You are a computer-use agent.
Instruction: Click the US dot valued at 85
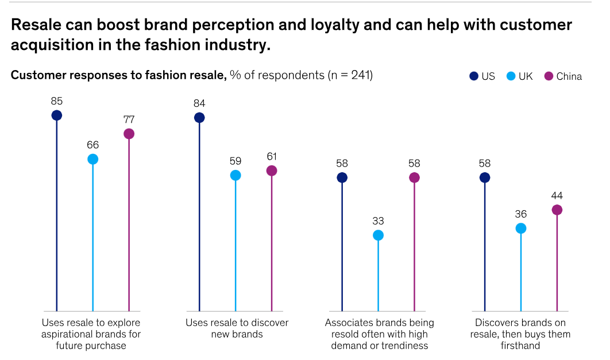pyautogui.click(x=56, y=115)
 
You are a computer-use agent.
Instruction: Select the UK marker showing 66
pyautogui.click(x=92, y=159)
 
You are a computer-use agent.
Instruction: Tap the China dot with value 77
pyautogui.click(x=129, y=134)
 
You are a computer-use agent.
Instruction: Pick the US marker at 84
pyautogui.click(x=199, y=118)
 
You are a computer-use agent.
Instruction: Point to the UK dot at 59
pyautogui.click(x=235, y=175)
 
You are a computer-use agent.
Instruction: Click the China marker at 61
pyautogui.click(x=272, y=171)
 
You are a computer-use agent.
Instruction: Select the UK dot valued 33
pyautogui.click(x=378, y=235)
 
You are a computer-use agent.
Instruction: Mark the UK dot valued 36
pyautogui.click(x=521, y=228)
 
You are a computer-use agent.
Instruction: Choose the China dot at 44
pyautogui.click(x=557, y=210)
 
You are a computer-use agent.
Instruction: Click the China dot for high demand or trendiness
pyautogui.click(x=414, y=177)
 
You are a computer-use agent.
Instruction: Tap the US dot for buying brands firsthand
pyautogui.click(x=485, y=177)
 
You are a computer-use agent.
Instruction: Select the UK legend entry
pyautogui.click(x=519, y=76)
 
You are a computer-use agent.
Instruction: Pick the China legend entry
pyautogui.click(x=563, y=76)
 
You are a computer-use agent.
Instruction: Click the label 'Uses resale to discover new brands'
pyautogui.click(x=237, y=328)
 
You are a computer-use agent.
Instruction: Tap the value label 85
pyautogui.click(x=56, y=101)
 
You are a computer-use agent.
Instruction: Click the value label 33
pyautogui.click(x=378, y=221)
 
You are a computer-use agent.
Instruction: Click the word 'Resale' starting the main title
pyautogui.click(x=36, y=25)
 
